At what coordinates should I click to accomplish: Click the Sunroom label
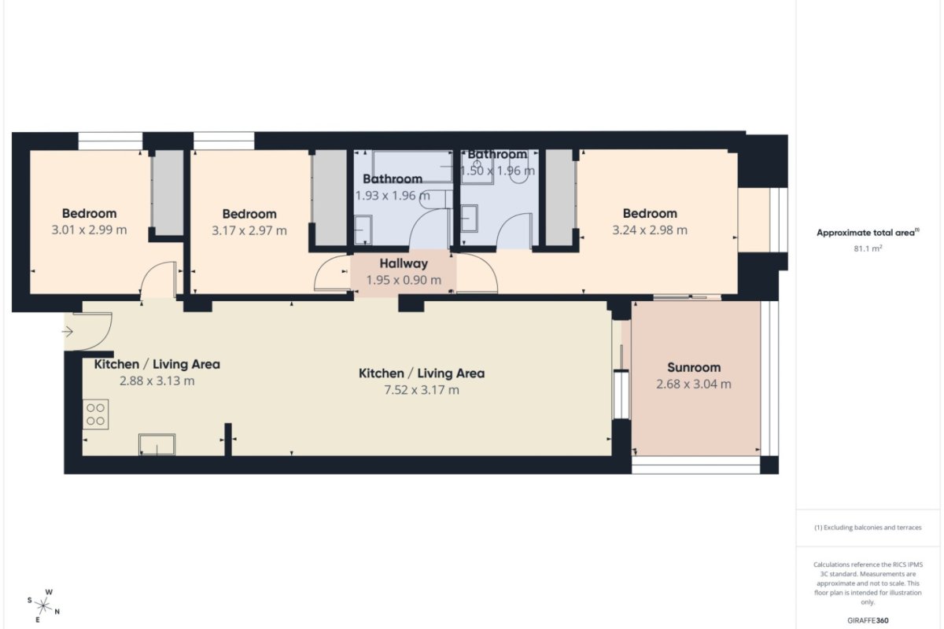[x=694, y=368]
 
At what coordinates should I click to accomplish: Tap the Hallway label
[x=404, y=263]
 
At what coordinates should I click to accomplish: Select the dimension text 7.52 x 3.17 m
[x=422, y=390]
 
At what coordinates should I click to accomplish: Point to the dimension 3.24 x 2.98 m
[x=650, y=230]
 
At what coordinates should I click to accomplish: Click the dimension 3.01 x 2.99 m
[x=89, y=230]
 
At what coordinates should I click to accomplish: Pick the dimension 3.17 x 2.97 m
[x=249, y=231]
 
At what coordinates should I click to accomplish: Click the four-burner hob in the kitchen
[x=96, y=414]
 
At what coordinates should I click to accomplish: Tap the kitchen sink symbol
[x=157, y=444]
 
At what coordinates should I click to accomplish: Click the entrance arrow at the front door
[x=68, y=332]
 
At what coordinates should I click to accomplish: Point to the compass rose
[x=43, y=606]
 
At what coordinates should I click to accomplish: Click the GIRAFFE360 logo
[x=868, y=620]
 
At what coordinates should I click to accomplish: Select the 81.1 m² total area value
[x=868, y=248]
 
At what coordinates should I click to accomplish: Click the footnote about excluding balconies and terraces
[x=868, y=528]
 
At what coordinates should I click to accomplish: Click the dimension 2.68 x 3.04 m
[x=694, y=384]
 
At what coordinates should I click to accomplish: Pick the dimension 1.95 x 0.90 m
[x=404, y=280]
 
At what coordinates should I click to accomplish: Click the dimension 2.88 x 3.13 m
[x=157, y=381]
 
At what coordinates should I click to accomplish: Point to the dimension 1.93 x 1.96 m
[x=393, y=196]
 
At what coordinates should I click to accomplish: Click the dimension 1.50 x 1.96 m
[x=497, y=171]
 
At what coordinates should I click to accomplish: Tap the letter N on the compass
[x=57, y=612]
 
